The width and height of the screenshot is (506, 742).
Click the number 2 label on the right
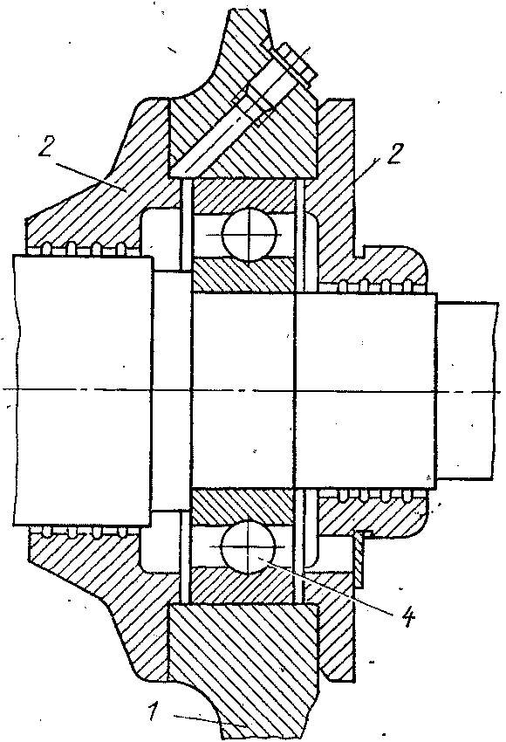pos(394,154)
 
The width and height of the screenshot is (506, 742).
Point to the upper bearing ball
pos(250,234)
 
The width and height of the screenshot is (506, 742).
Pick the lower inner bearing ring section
pos(243,505)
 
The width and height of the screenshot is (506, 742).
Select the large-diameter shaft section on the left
pos(83,390)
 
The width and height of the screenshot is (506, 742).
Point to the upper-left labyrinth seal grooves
pos(85,248)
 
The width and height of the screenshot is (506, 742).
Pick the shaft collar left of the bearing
pos(172,390)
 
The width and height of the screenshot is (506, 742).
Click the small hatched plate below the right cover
pos(359,560)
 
